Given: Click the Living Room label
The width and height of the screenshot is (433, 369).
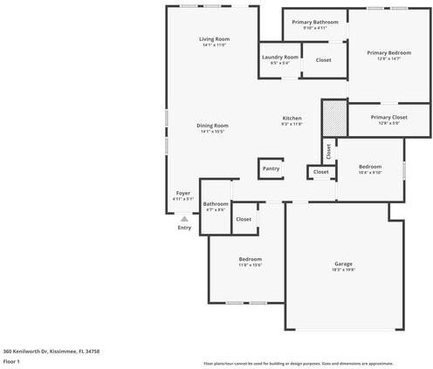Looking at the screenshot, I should (x=214, y=39).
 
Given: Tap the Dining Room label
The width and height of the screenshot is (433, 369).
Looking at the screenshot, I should (x=213, y=126).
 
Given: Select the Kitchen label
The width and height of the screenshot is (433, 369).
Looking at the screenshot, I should (x=292, y=119).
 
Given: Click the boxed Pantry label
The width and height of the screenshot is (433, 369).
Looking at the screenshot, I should (x=271, y=168).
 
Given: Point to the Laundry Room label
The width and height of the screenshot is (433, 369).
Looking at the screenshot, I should (x=279, y=57).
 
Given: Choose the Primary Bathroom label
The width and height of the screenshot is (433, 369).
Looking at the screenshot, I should (x=314, y=22).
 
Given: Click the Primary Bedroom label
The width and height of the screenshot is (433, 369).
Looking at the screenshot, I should (x=388, y=52).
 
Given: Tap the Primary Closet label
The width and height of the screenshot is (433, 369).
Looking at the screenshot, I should (x=388, y=117).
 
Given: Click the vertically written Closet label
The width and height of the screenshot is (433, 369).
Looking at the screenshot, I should (x=328, y=150).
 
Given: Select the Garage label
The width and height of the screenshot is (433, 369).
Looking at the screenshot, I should (x=343, y=263).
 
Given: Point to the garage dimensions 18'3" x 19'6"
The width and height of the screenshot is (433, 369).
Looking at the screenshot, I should (x=343, y=270).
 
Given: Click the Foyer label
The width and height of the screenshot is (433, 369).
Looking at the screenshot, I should (x=183, y=193).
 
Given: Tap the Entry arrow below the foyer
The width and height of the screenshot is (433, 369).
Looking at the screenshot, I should (x=184, y=218).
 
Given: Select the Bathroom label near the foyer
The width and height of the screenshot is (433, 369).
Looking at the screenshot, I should (x=216, y=204).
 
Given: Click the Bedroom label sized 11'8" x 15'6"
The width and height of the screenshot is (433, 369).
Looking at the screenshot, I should (x=251, y=259).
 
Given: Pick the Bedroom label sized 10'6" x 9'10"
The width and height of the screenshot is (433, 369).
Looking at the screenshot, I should (x=370, y=166).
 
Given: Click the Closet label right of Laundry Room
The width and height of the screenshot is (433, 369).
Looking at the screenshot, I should (x=323, y=59).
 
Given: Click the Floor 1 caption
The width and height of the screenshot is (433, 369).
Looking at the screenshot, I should (x=11, y=360).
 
